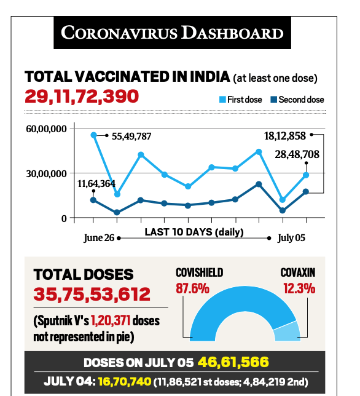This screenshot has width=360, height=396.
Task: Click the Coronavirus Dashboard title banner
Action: coord(172,33)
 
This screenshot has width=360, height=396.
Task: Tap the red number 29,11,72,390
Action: coord(82,96)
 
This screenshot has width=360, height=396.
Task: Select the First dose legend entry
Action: coord(240,100)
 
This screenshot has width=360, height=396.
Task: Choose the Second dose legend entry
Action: coord(297,100)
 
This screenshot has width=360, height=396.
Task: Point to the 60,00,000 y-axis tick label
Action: coord(46,129)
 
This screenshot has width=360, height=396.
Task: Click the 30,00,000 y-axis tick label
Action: coord(46,174)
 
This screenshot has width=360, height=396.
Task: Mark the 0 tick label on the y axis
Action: coord(64,218)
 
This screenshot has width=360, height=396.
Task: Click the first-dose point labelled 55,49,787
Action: coord(93,135)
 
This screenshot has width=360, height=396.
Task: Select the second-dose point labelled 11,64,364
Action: coord(93,200)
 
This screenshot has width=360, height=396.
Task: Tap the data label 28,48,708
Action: coord(297,154)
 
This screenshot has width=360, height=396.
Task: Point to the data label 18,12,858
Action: coord(285,136)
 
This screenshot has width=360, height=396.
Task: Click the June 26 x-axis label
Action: coord(99,238)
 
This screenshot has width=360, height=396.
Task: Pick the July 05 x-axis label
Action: coord(291,238)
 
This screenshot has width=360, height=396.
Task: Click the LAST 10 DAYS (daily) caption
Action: coord(194,232)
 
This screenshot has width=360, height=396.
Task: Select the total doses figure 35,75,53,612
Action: coord(92,294)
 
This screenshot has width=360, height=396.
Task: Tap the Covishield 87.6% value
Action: coord(192,288)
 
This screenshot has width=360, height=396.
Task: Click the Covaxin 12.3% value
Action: coord(299,288)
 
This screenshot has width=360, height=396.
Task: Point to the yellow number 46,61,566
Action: coord(233,362)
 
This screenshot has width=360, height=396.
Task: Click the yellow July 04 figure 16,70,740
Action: coord(125,381)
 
